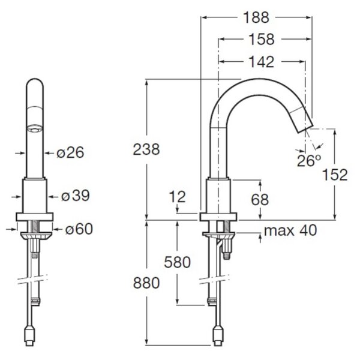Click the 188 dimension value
click(x=256, y=17)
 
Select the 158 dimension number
click(x=262, y=39)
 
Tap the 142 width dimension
click(x=262, y=62)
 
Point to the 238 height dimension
click(x=146, y=149)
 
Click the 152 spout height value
click(x=335, y=175)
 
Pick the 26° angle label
click(x=309, y=161)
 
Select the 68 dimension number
click(x=260, y=200)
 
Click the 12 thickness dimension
click(x=177, y=197)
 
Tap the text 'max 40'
click(x=290, y=230)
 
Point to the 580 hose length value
click(x=177, y=262)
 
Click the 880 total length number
click(x=146, y=283)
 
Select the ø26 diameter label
click(x=70, y=152)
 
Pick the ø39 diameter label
click(x=76, y=196)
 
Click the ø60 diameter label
click(x=79, y=229)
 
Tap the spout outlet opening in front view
click(x=35, y=129)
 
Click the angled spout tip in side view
click(x=301, y=119)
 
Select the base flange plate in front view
click(x=34, y=217)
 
